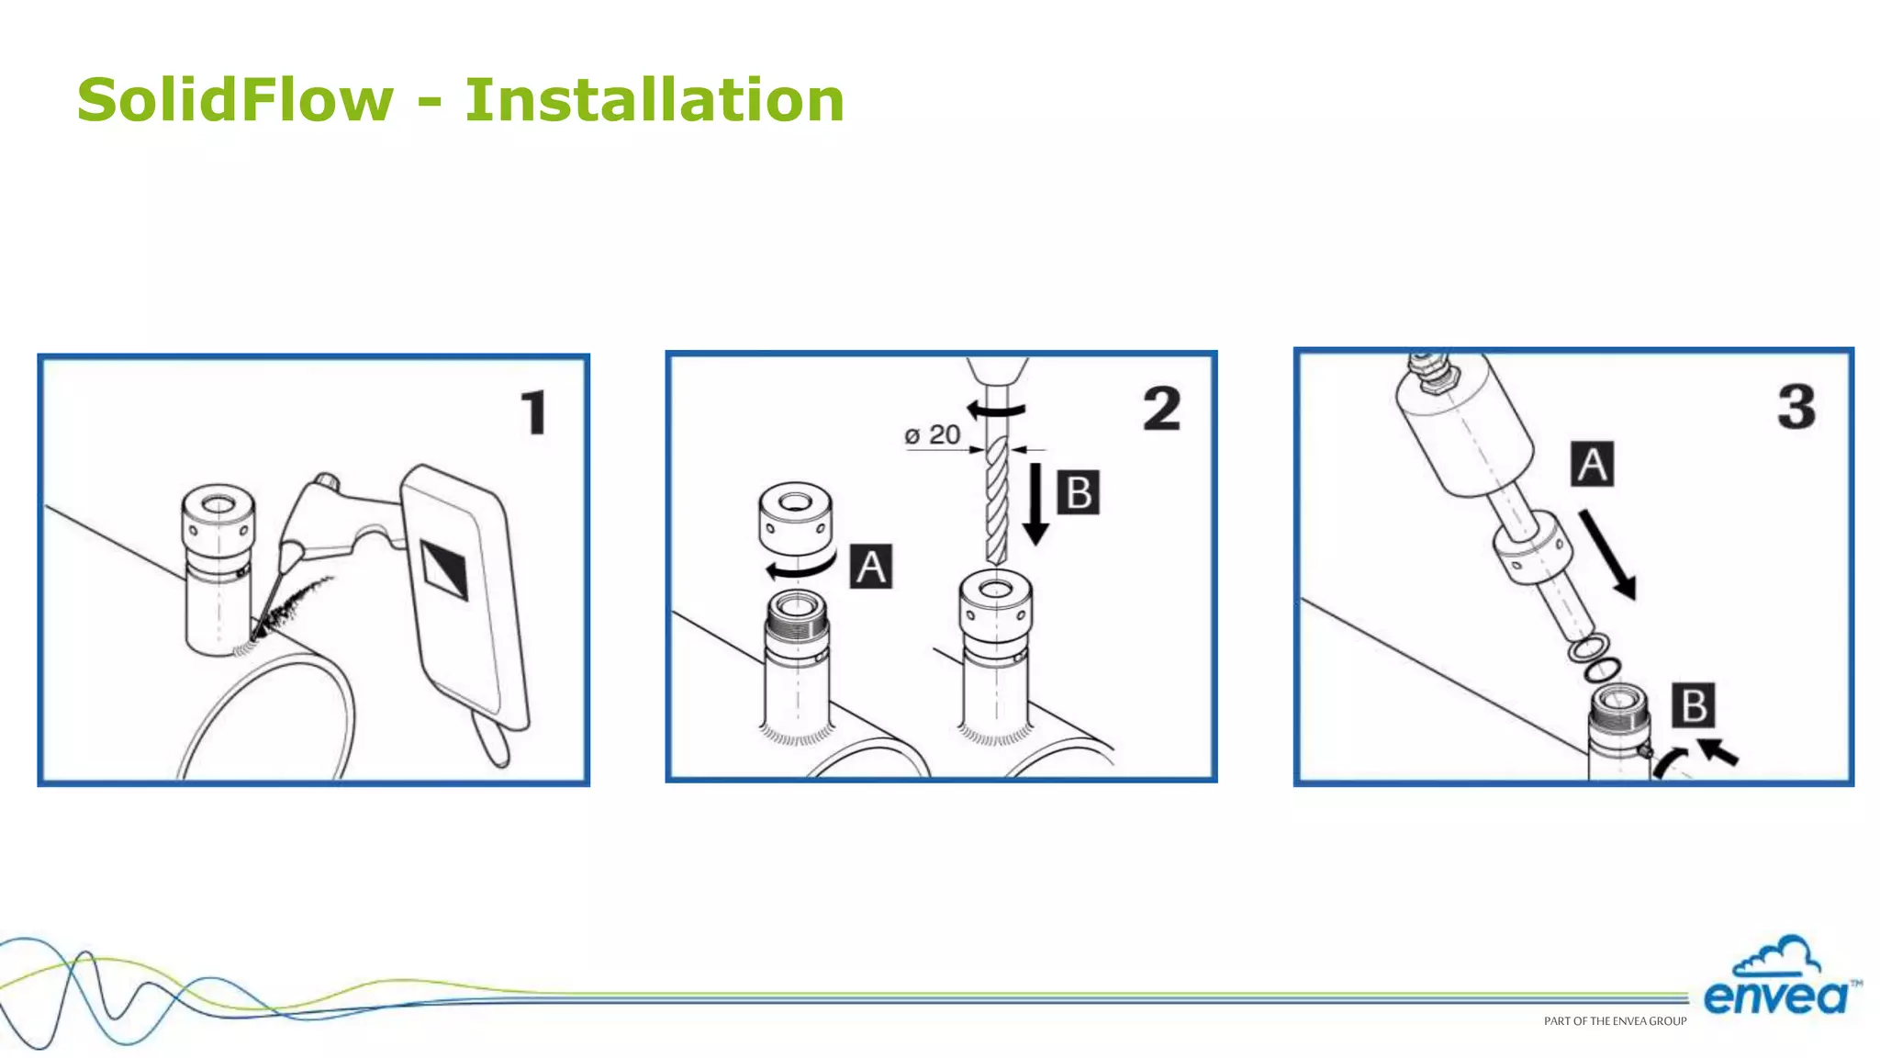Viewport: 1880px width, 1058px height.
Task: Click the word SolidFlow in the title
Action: click(235, 99)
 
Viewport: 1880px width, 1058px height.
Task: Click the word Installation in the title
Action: click(654, 99)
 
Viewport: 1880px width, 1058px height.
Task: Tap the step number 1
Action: click(533, 412)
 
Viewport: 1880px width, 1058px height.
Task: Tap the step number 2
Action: click(1161, 409)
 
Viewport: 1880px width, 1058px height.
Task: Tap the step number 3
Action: click(1796, 406)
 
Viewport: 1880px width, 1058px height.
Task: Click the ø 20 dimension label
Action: click(932, 435)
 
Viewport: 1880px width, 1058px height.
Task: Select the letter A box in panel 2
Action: click(870, 566)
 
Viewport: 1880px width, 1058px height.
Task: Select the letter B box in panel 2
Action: click(1078, 492)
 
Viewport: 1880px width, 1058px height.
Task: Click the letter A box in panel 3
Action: click(1592, 464)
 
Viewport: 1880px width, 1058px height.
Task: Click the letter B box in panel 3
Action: click(1693, 705)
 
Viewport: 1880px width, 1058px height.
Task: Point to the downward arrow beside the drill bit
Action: click(1035, 504)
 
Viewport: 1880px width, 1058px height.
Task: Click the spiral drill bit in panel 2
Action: click(996, 501)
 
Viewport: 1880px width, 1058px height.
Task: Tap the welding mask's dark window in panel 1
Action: click(444, 569)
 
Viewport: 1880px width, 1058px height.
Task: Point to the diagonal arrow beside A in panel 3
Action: click(1608, 555)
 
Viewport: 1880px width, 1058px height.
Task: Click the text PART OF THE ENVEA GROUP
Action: click(1615, 1021)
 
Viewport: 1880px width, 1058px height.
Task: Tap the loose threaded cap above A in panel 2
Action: click(795, 518)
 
